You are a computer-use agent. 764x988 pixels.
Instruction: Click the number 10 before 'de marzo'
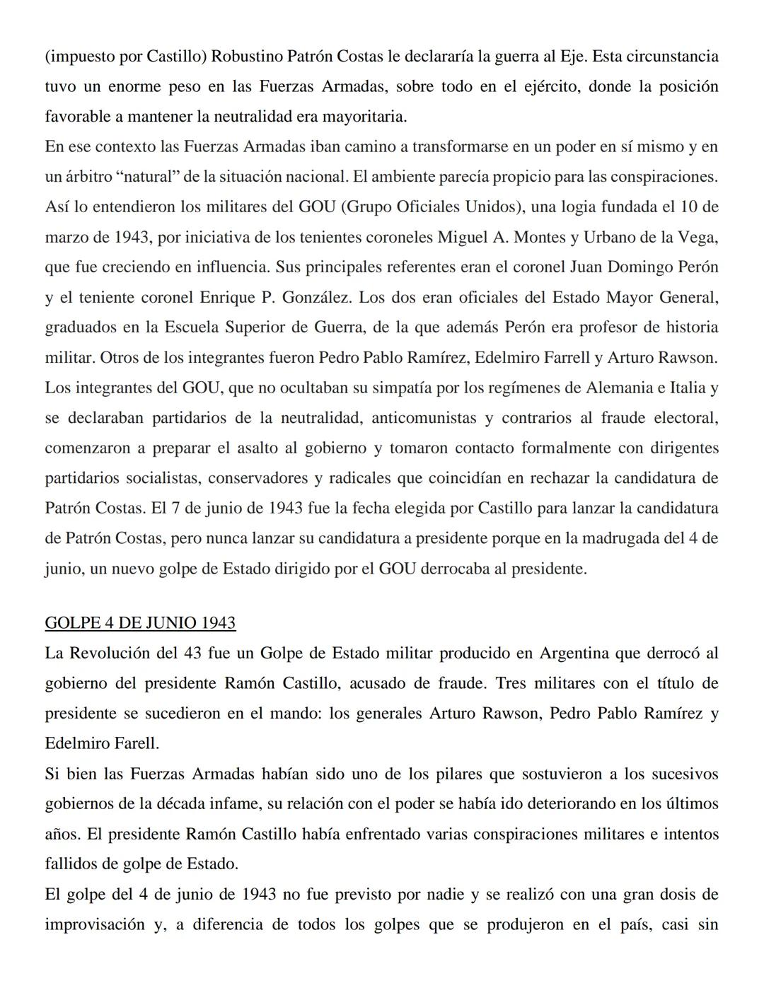[689, 207]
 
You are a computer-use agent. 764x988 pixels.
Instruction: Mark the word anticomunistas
[424, 418]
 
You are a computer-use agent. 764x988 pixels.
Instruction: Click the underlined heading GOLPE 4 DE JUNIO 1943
[140, 622]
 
